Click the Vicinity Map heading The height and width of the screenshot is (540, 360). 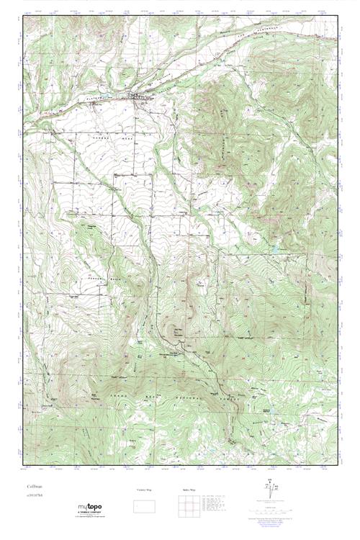(145, 490)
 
